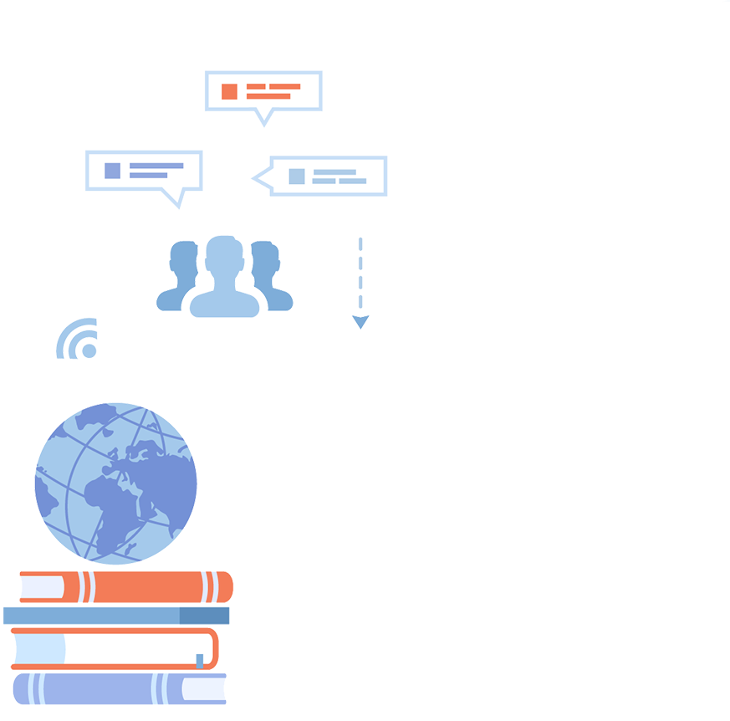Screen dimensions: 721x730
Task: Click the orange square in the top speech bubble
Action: pyautogui.click(x=228, y=91)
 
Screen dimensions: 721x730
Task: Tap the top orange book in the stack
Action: pyautogui.click(x=125, y=587)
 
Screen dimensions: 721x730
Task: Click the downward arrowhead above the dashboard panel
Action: pyautogui.click(x=360, y=319)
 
